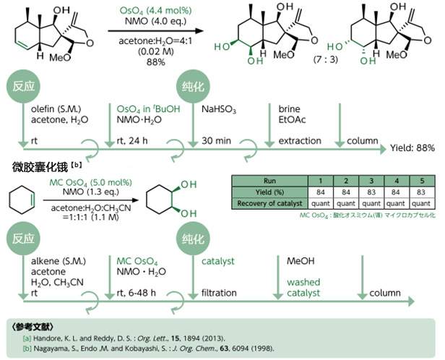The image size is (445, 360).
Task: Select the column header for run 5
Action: click(418, 179)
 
